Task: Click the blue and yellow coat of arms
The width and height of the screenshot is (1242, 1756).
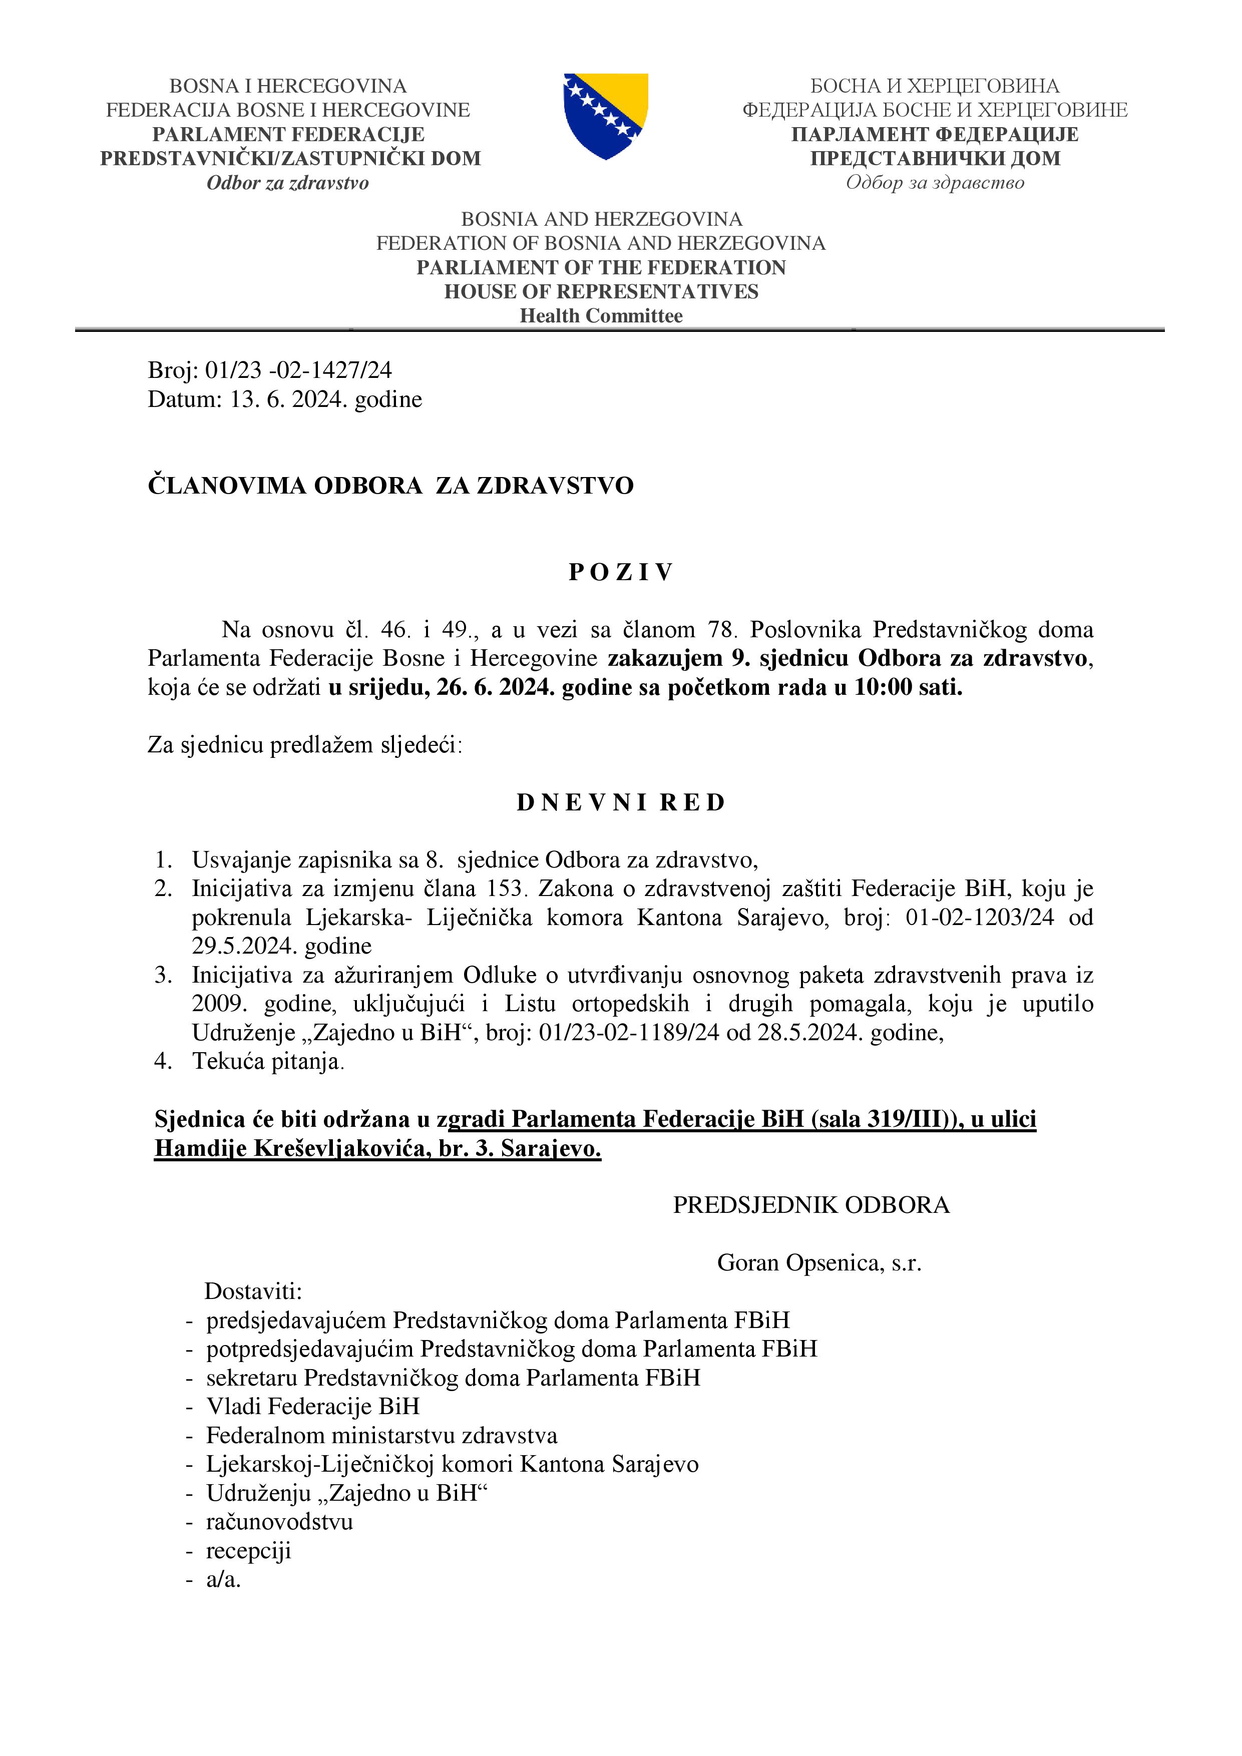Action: [606, 116]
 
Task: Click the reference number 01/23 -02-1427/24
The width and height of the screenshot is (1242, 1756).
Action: [298, 370]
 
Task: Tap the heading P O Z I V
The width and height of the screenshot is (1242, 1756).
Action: [620, 572]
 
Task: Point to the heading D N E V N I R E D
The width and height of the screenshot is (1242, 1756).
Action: [620, 802]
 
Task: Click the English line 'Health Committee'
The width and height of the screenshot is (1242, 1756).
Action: [601, 316]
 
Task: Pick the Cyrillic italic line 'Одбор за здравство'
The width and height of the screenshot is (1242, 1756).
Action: [935, 183]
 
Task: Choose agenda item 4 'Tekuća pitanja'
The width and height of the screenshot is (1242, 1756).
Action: [268, 1062]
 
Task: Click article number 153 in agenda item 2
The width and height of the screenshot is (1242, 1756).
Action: [505, 889]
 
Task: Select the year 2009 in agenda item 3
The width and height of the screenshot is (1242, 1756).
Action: [217, 1004]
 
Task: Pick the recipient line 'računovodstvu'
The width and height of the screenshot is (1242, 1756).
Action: [279, 1522]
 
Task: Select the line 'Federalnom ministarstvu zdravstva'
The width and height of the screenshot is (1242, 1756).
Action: [381, 1436]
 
